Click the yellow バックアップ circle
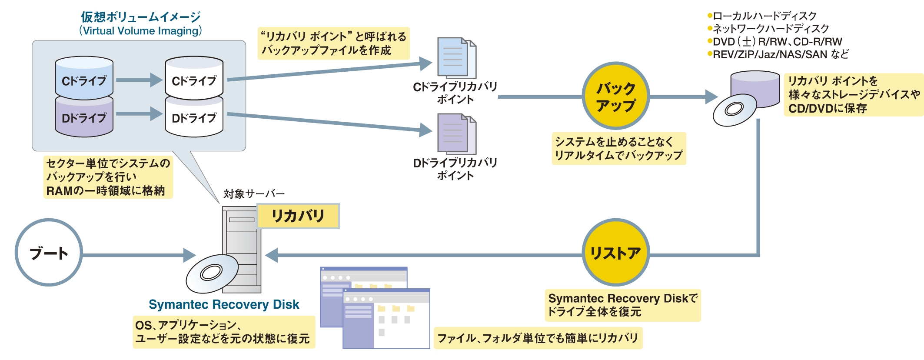point(615,96)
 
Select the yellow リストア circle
point(615,253)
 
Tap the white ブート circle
point(49,253)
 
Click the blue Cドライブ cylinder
point(84,78)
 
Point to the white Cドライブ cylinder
point(194,78)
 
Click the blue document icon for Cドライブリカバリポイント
point(455,58)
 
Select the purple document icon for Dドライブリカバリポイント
point(455,133)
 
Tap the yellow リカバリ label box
point(298,216)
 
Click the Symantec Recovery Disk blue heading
point(224,304)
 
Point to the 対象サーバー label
point(254,193)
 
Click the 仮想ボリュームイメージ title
point(140,17)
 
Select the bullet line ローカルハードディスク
point(764,16)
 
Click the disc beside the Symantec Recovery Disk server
point(212,273)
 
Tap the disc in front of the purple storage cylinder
point(735,110)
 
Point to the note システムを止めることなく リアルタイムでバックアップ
point(618,149)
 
